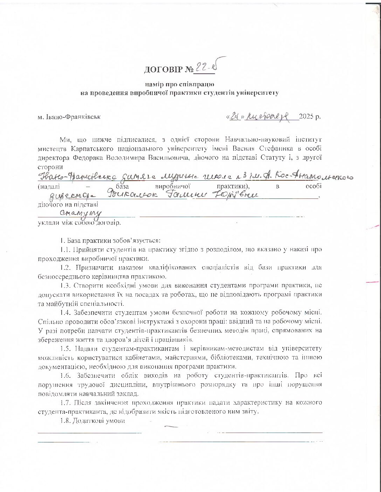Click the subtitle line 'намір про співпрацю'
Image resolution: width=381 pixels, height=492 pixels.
coord(180,84)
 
